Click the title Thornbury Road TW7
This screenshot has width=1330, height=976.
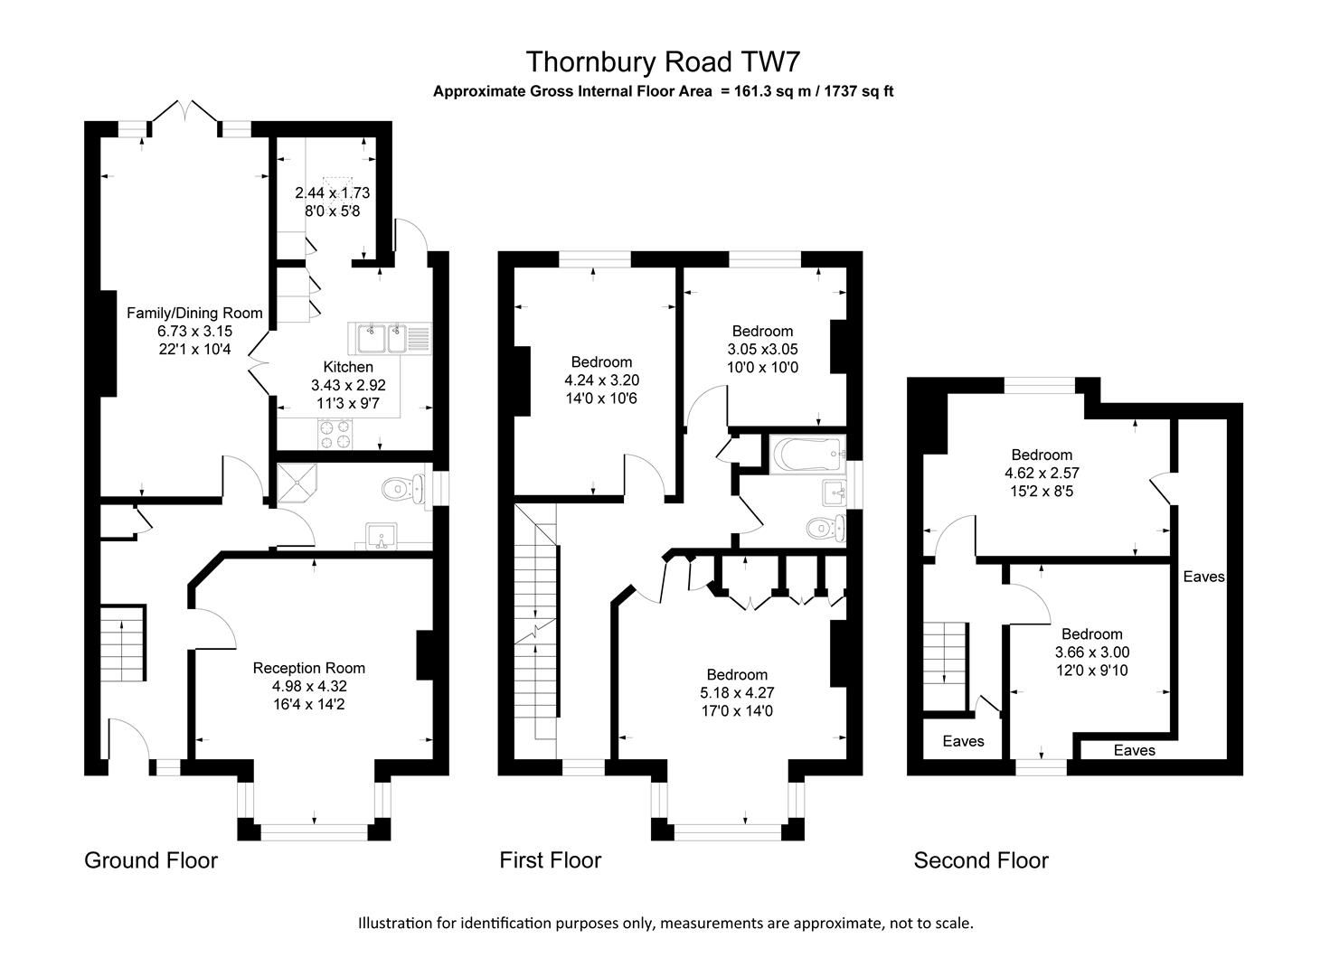[x=663, y=61]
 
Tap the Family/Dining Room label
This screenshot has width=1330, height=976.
[x=194, y=314]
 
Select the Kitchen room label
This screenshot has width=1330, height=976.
[x=348, y=367]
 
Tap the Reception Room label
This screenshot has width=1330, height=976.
[x=309, y=668]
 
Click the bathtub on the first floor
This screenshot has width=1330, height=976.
[x=806, y=453]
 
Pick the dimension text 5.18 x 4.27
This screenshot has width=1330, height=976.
[x=737, y=693]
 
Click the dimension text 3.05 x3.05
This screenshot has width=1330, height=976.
[x=762, y=349]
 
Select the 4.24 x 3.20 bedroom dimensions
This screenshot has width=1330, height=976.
[x=601, y=380]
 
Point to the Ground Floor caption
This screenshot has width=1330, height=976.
[x=151, y=860]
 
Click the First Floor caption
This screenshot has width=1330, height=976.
[x=550, y=860]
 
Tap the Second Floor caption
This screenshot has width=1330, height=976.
[x=981, y=860]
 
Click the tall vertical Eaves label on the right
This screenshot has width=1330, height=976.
[x=1203, y=577]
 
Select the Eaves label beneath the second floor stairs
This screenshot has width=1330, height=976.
[x=963, y=741]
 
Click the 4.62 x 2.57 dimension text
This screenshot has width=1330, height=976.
[x=1042, y=473]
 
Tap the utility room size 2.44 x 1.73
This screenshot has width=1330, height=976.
[x=332, y=193]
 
